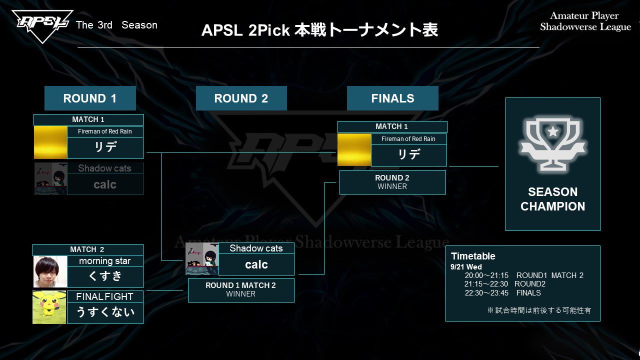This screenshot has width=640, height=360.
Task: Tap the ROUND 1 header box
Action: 90,98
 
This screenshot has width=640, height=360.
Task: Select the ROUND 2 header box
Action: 241,98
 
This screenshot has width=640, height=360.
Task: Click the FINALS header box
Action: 392,98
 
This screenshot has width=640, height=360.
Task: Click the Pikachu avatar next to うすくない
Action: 49,307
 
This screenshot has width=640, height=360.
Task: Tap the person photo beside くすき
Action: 50,272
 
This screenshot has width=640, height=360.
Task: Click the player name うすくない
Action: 105,312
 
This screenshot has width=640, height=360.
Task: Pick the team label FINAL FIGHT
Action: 105,296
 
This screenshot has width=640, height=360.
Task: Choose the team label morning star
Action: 105,261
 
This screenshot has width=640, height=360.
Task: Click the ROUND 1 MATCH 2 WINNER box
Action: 241,290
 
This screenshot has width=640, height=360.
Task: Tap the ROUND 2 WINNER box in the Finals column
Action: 392,182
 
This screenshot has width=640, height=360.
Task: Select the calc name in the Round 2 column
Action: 256,264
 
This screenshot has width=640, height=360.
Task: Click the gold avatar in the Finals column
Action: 354,149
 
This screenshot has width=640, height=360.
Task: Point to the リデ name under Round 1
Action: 105,148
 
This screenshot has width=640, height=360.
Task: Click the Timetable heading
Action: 473,256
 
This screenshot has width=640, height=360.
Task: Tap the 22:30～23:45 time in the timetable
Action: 486,293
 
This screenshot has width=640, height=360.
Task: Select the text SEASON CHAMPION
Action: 552,199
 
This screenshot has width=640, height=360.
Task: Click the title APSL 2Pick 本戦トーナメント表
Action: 319,30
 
